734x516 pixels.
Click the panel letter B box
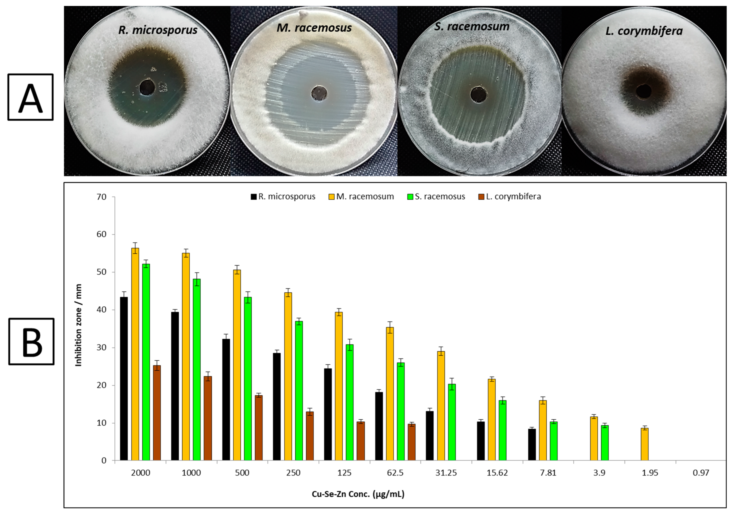(31, 342)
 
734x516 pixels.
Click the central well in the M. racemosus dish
(319, 93)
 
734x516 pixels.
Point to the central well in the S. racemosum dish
(479, 95)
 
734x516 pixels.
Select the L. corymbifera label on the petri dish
(644, 31)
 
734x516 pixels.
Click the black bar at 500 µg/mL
(226, 399)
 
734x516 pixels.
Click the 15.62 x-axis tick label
(497, 473)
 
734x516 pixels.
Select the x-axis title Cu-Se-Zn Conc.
(358, 494)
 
